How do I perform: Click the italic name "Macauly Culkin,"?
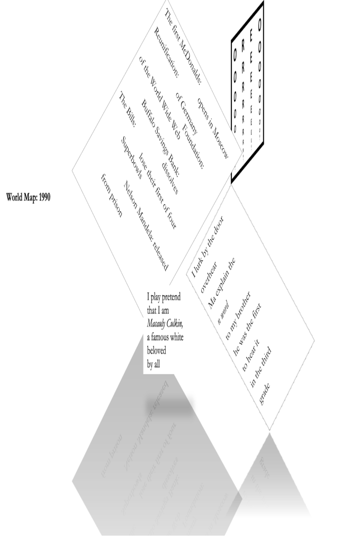pyautogui.click(x=165, y=323)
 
